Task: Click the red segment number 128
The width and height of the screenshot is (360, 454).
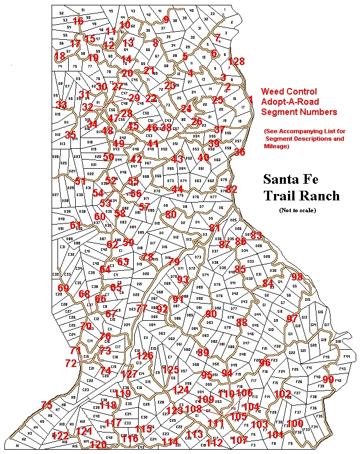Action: coord(236,61)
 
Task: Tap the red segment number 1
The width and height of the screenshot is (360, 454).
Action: coord(250,99)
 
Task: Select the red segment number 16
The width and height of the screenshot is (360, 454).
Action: coord(78,21)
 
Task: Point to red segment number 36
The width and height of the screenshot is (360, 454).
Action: coord(239,152)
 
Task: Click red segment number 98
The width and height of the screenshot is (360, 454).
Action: coord(297,277)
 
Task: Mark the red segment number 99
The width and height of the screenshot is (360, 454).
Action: coord(328,379)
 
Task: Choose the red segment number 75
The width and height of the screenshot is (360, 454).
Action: coord(47,405)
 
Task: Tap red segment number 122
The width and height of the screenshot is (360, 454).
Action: coord(60,435)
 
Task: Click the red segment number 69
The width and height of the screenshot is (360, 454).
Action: coord(63,289)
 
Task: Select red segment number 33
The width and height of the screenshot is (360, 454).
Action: coord(62,105)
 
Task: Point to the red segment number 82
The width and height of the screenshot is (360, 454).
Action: coord(232,189)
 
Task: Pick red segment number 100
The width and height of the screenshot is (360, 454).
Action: coord(295,423)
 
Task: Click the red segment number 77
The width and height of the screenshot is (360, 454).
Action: coord(142,308)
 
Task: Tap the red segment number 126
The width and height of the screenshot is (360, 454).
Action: coord(145,356)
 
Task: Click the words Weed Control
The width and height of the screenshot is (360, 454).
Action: coord(289,92)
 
